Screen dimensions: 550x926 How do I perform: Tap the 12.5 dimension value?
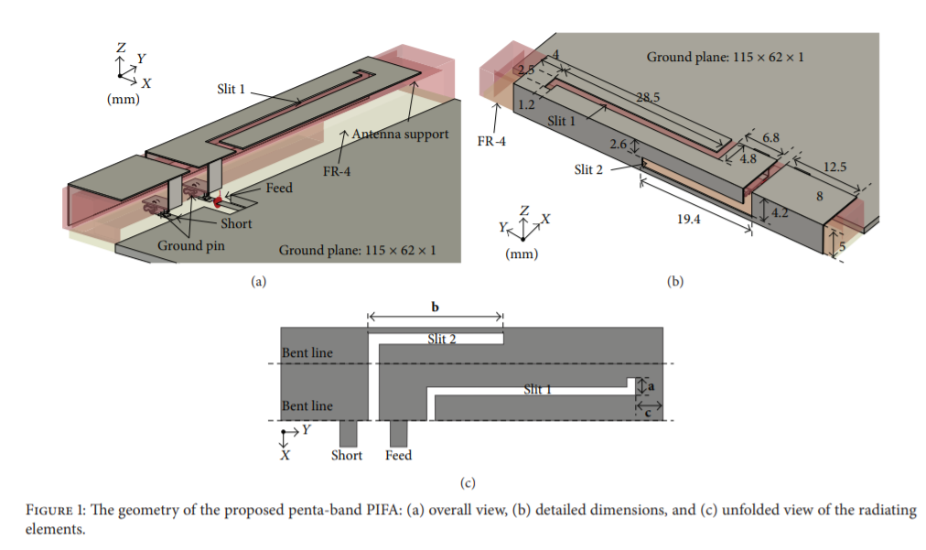click(835, 168)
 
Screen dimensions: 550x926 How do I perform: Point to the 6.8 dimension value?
click(771, 138)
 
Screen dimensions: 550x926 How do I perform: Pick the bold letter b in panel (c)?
click(435, 306)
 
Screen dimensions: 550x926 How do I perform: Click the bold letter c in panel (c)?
click(649, 412)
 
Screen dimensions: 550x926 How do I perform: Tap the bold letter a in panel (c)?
click(651, 387)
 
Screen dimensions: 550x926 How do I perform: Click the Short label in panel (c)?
click(347, 455)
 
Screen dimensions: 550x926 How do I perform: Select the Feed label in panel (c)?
click(399, 455)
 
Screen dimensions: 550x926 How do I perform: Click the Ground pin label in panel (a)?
click(191, 245)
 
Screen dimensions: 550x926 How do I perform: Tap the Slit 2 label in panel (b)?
click(591, 168)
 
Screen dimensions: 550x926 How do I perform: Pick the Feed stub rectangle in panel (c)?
click(399, 433)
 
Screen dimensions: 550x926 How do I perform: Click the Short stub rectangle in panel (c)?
click(348, 433)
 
